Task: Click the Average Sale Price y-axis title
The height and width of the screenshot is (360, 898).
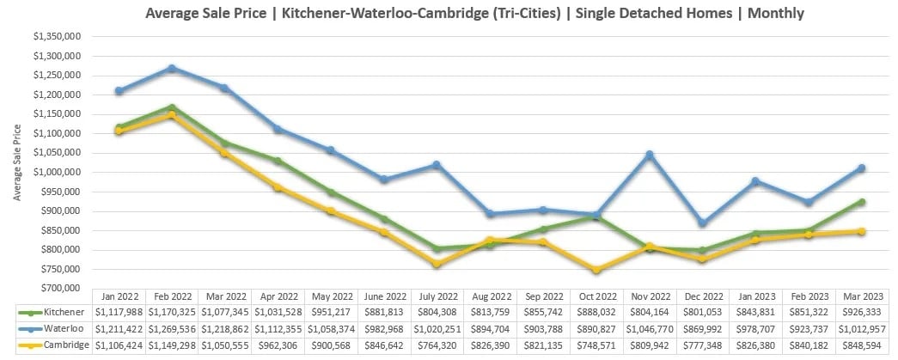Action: pos(16,162)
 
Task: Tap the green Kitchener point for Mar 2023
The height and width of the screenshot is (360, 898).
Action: pos(861,202)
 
